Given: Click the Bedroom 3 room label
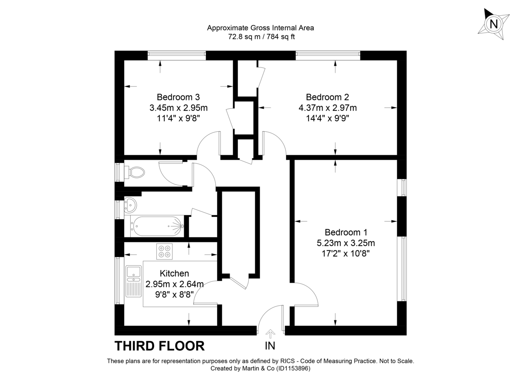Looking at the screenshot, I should coord(178,97).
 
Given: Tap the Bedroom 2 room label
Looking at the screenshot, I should coord(327,97).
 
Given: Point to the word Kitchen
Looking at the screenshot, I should coord(175,274).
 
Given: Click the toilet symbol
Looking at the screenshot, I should coord(135,172).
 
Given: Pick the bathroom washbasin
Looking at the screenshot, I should coord(130,204).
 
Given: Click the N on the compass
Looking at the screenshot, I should coord(494,24).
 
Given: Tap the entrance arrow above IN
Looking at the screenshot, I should coord(270,333).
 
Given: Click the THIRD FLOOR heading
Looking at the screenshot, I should coord(159,346).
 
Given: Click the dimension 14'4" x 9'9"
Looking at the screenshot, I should coord(327,118).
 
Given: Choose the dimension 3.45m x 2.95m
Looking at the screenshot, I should coord(178,107).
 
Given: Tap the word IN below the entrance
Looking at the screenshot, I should coord(270,346).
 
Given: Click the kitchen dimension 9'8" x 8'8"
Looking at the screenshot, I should coord(175,294).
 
